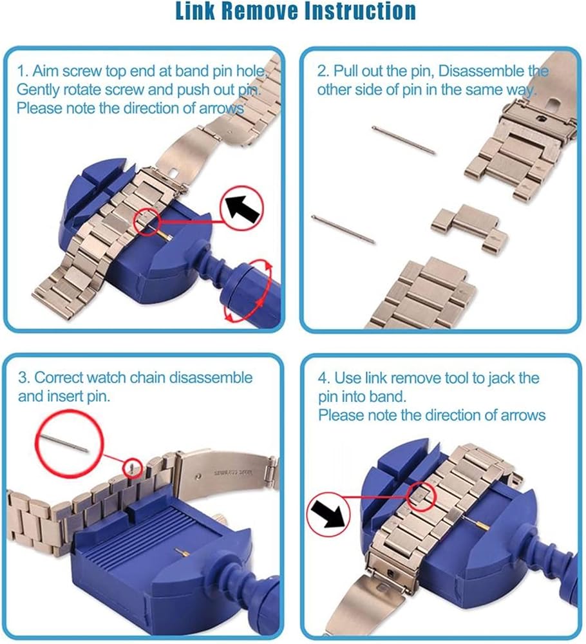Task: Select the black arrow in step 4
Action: pyautogui.click(x=327, y=514)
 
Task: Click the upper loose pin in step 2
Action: pyautogui.click(x=404, y=140)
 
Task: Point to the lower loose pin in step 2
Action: pyautogui.click(x=343, y=229)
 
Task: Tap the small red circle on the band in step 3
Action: pyautogui.click(x=133, y=468)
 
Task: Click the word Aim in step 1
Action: pyautogui.click(x=44, y=71)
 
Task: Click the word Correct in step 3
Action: pyautogui.click(x=59, y=377)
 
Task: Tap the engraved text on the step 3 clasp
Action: pyautogui.click(x=232, y=472)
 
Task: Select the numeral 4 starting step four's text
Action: pyautogui.click(x=323, y=378)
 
